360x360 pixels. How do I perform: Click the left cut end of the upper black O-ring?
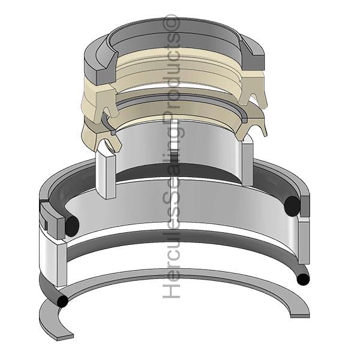72,226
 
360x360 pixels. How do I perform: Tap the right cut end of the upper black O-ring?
292,206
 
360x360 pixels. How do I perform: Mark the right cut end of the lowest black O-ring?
303,279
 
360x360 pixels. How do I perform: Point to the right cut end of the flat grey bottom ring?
300,315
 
